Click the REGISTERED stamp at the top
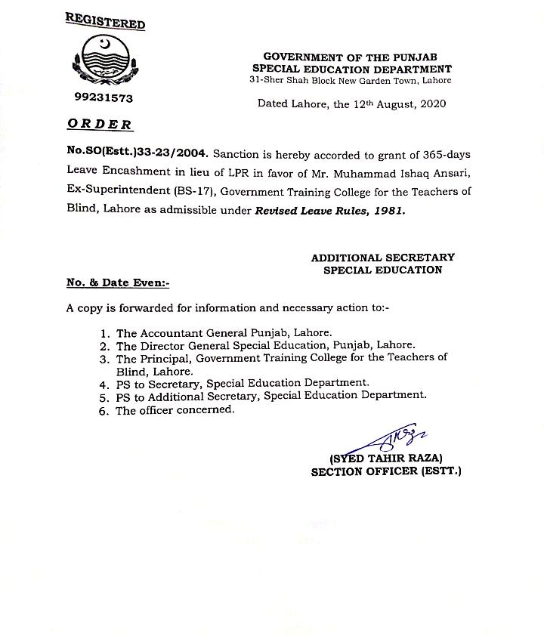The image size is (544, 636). [105, 21]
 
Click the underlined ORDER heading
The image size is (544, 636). [99, 125]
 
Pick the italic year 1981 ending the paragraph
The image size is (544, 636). [389, 211]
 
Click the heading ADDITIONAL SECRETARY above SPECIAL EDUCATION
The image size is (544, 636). [382, 258]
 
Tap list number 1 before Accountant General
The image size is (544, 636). [104, 332]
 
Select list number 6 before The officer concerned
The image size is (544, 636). [104, 410]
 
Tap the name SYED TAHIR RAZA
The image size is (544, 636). [385, 458]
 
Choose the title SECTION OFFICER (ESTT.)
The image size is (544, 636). [385, 471]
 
